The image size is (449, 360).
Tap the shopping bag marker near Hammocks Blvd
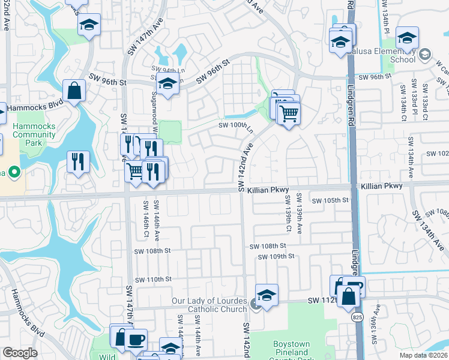point(73,91)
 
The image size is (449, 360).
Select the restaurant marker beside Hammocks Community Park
point(78,162)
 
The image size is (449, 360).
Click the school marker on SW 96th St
point(168,86)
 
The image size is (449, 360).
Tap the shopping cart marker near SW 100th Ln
point(289,112)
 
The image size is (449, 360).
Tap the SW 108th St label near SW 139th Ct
point(269,246)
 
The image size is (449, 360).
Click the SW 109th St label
point(276,256)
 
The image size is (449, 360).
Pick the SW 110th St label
point(153,280)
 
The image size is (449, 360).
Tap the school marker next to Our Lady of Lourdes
point(267,296)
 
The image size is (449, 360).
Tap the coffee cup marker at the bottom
point(136,339)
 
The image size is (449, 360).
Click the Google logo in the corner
point(20,353)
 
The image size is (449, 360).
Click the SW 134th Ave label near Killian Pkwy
point(428,231)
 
